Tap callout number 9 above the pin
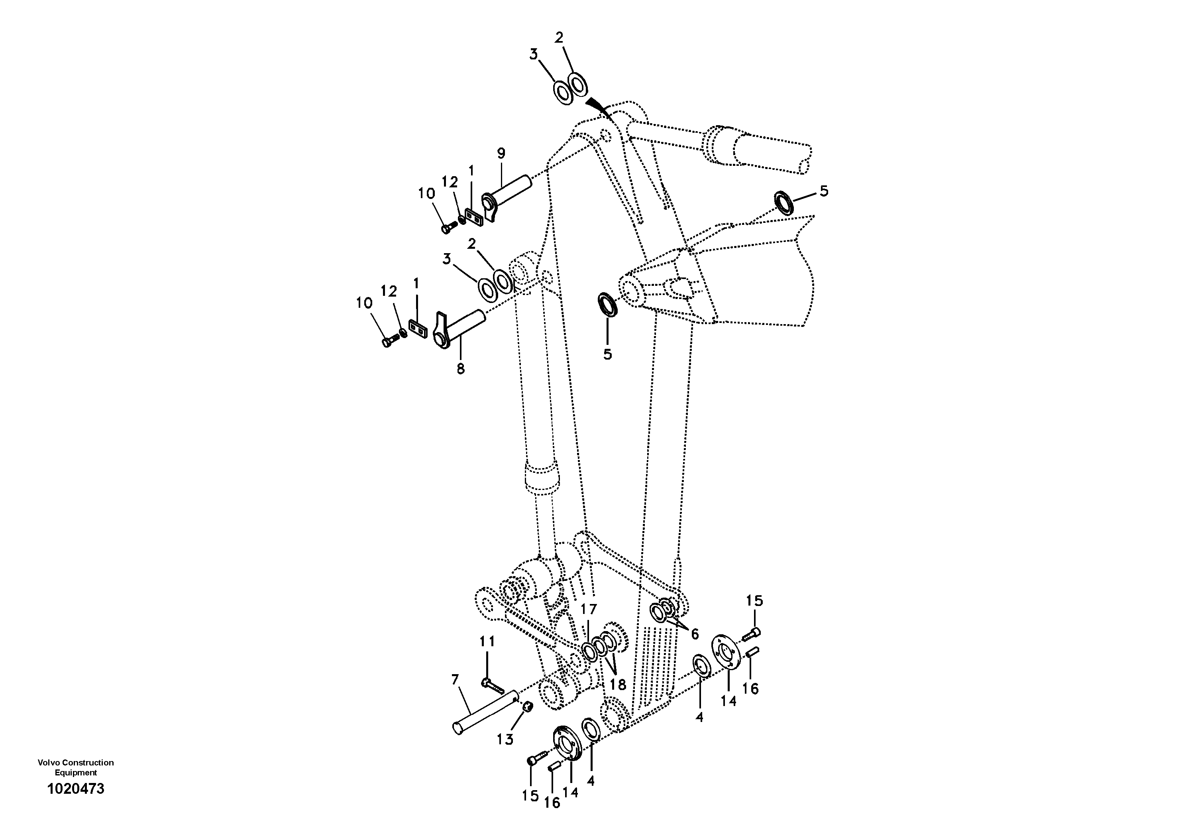501,153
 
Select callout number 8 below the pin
460,368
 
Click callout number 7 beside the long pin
455,679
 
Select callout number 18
617,685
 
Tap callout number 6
694,633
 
